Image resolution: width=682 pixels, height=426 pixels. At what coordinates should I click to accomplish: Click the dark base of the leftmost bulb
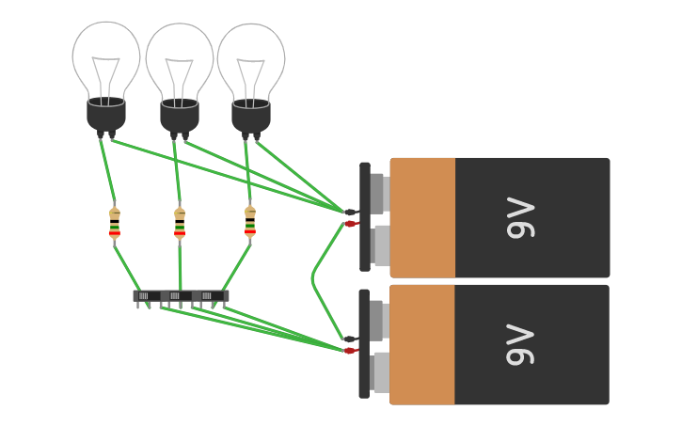tap(106, 114)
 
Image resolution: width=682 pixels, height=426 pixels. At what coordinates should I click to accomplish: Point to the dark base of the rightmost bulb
tap(251, 115)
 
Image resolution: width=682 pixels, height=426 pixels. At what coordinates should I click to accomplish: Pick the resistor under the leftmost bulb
tap(115, 224)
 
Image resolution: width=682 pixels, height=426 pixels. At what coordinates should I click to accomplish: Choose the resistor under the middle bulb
tap(180, 224)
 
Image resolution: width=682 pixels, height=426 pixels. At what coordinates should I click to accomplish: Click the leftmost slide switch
tap(147, 296)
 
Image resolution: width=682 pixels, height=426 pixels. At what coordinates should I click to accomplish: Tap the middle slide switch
tap(178, 296)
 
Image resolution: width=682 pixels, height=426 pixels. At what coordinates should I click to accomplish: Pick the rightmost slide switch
tap(211, 296)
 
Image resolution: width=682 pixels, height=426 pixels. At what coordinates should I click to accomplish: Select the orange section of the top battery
tap(423, 217)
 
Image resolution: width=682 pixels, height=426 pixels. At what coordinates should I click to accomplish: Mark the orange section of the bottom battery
tap(423, 344)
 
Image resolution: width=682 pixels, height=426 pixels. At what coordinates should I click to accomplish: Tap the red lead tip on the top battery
tap(351, 224)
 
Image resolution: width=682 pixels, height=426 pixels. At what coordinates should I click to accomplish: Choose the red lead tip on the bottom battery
tap(350, 351)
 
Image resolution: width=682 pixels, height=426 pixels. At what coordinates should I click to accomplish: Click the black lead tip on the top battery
tap(350, 213)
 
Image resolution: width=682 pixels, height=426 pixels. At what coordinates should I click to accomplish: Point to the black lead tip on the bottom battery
tap(350, 339)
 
